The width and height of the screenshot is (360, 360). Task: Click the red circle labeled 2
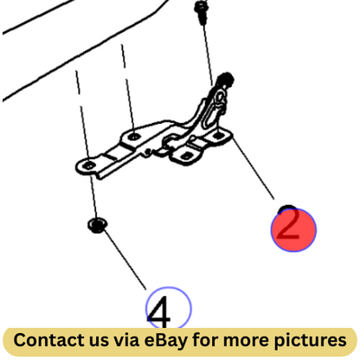(x=293, y=230)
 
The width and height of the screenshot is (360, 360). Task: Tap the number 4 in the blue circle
(x=159, y=312)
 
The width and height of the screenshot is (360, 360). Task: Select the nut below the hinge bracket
(x=98, y=225)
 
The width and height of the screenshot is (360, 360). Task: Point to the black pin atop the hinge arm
(x=226, y=80)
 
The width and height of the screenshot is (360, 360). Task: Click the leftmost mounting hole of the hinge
(x=89, y=166)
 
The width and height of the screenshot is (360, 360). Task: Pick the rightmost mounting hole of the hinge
(x=218, y=134)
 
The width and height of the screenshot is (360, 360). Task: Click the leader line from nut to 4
(x=125, y=259)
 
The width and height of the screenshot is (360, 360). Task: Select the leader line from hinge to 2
(x=253, y=168)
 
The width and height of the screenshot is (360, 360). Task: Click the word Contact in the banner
(x=49, y=340)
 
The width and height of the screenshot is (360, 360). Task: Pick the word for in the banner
(x=205, y=340)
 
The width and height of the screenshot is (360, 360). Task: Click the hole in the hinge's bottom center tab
(x=187, y=156)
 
